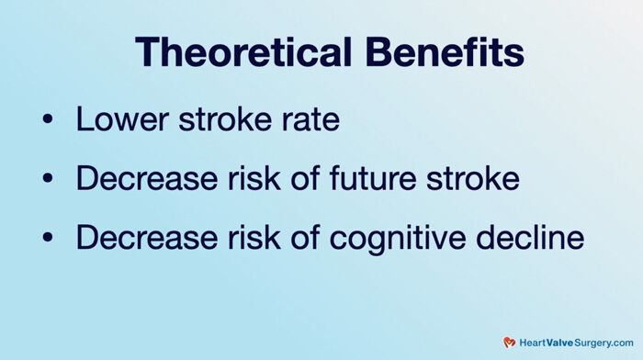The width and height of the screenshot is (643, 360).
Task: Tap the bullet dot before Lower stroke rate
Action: click(x=49, y=121)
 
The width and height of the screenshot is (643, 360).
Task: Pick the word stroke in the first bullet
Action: click(x=220, y=119)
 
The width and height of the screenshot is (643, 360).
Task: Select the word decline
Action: click(x=533, y=238)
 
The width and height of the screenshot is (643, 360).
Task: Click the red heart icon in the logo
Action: click(x=510, y=342)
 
